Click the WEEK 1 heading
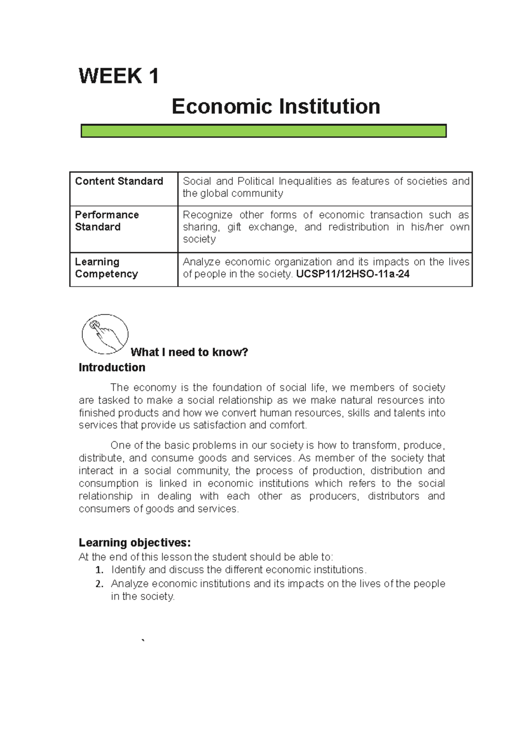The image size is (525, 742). (119, 76)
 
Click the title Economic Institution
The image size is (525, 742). (276, 107)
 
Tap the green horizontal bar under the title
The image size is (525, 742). (263, 131)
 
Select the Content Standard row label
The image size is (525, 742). (119, 181)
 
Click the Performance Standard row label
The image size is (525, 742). (107, 221)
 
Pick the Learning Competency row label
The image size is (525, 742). (106, 268)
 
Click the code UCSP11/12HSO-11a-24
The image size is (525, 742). (353, 274)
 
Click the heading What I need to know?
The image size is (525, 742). (189, 352)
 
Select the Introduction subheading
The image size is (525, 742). (112, 368)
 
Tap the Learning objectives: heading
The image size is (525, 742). (135, 543)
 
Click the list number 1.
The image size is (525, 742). (99, 570)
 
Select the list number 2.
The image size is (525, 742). (99, 584)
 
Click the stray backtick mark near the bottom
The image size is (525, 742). (143, 641)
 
